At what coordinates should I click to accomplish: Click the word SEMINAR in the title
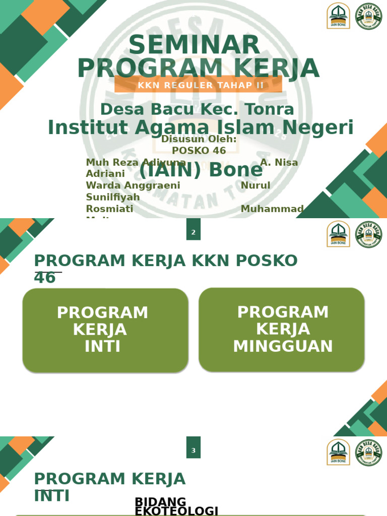194,46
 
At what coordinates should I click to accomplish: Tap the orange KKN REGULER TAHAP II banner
198,85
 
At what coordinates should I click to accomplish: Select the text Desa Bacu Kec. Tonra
197,109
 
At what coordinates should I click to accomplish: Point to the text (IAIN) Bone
201,170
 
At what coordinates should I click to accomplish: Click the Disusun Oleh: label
199,139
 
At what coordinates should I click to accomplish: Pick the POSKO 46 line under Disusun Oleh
199,151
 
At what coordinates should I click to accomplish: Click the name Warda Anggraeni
133,185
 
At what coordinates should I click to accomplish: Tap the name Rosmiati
109,209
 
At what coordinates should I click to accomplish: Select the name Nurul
255,185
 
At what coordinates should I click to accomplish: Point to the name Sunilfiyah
113,197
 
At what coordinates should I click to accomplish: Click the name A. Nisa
279,163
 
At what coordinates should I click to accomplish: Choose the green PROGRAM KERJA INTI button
105,330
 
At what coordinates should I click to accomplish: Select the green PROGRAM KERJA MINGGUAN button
282,330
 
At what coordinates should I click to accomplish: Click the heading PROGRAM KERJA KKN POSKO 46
165,269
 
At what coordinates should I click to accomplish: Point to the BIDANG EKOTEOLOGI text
176,506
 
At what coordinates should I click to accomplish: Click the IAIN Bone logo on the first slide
338,16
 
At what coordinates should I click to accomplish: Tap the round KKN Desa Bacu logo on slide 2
368,234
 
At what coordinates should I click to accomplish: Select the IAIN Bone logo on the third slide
338,452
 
